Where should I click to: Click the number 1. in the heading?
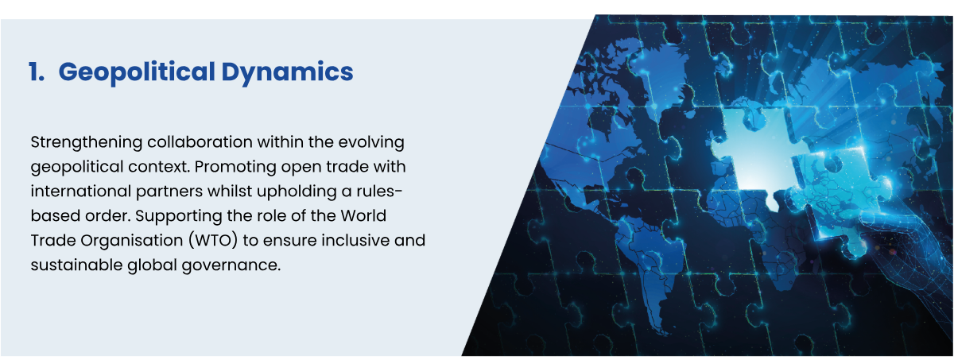(x=37, y=72)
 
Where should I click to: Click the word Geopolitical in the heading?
(x=137, y=72)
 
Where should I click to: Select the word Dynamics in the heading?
(x=288, y=72)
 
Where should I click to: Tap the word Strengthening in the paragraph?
(x=87, y=142)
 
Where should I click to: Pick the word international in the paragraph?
(x=80, y=191)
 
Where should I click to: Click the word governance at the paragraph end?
(x=231, y=266)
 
